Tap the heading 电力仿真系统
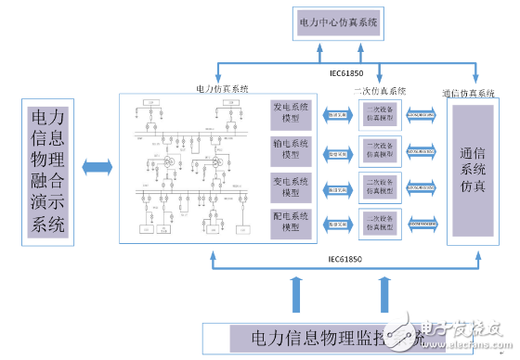coord(223,88)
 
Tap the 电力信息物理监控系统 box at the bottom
coord(306,336)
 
